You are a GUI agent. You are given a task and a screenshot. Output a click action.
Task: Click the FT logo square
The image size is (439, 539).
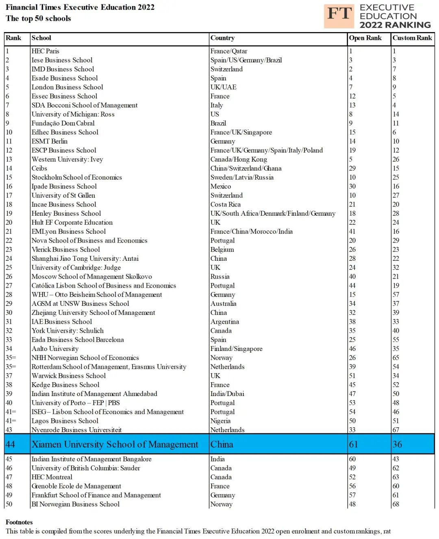[339, 16]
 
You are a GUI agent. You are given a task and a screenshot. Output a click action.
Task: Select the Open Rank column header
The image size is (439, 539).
[365, 38]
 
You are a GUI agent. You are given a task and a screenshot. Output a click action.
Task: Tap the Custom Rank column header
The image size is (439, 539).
[412, 38]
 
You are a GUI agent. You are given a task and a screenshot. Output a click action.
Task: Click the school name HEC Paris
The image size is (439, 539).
[46, 51]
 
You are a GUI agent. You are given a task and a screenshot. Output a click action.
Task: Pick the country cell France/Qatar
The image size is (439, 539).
[228, 51]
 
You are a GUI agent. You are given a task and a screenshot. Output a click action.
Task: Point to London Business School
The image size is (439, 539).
[67, 87]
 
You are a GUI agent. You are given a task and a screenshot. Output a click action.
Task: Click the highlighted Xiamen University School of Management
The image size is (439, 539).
[115, 444]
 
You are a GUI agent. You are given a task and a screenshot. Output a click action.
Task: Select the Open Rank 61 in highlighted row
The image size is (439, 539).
[354, 444]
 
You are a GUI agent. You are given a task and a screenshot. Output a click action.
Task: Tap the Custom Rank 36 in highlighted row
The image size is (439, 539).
[397, 444]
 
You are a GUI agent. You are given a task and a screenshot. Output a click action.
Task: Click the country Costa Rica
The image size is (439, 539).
[226, 205]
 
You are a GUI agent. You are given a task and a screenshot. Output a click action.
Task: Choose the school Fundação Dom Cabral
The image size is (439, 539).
[63, 123]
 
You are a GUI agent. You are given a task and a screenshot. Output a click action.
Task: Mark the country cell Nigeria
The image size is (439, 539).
[220, 421]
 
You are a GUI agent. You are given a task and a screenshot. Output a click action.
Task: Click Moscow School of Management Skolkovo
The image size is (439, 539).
[92, 277]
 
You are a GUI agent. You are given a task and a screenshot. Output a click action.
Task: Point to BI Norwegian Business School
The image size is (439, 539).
[76, 504]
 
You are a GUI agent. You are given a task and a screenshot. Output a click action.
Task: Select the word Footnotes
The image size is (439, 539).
[19, 522]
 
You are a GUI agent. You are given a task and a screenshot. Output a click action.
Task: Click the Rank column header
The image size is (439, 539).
[13, 38]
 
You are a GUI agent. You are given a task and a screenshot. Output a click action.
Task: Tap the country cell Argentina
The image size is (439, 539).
[225, 322]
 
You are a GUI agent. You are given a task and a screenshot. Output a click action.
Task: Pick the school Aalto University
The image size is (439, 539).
[55, 349]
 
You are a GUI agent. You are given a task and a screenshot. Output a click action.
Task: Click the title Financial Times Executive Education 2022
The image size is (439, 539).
[80, 7]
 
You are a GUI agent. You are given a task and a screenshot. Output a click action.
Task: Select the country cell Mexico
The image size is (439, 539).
[221, 186]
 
